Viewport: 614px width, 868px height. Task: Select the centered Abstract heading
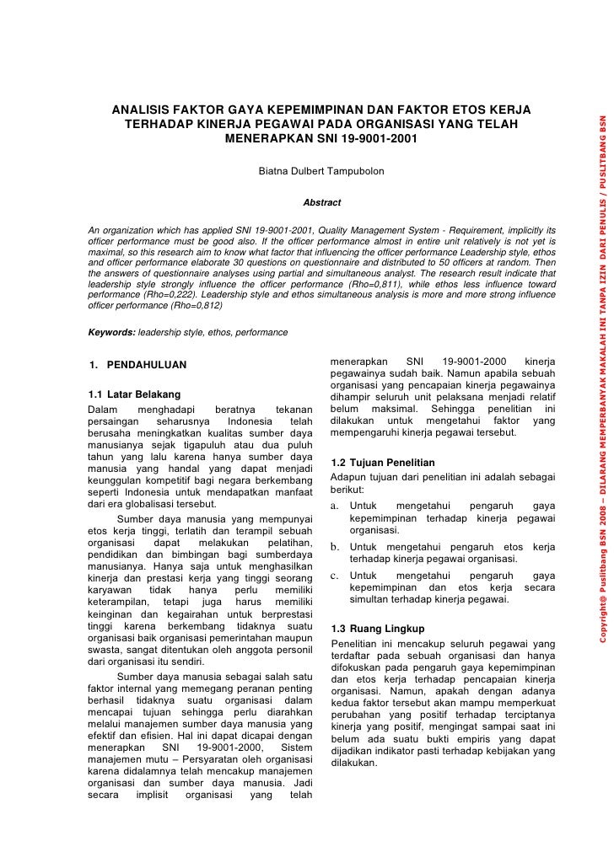[x=321, y=203]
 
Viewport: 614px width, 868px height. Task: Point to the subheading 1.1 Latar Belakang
[x=134, y=394]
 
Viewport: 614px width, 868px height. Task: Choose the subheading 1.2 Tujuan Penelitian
[x=383, y=463]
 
